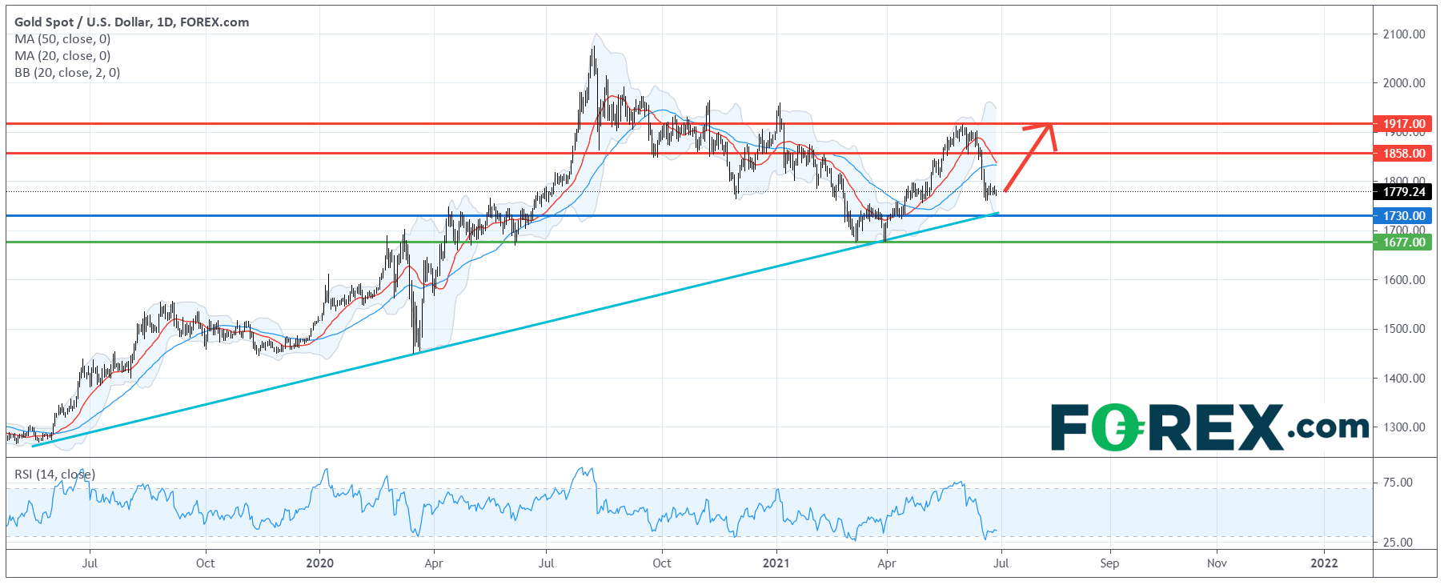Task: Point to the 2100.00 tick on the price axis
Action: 1404,34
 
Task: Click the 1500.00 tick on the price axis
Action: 1404,329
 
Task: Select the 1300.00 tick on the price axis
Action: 1404,427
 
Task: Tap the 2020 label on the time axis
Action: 320,563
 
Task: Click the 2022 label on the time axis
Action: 1324,563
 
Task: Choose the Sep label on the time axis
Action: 1109,563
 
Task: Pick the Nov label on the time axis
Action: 1217,563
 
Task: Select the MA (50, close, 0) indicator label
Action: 62,39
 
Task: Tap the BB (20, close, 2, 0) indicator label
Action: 67,73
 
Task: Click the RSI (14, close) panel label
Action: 54,475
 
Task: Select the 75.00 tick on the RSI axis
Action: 1398,483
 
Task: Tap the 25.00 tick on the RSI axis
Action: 1398,543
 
